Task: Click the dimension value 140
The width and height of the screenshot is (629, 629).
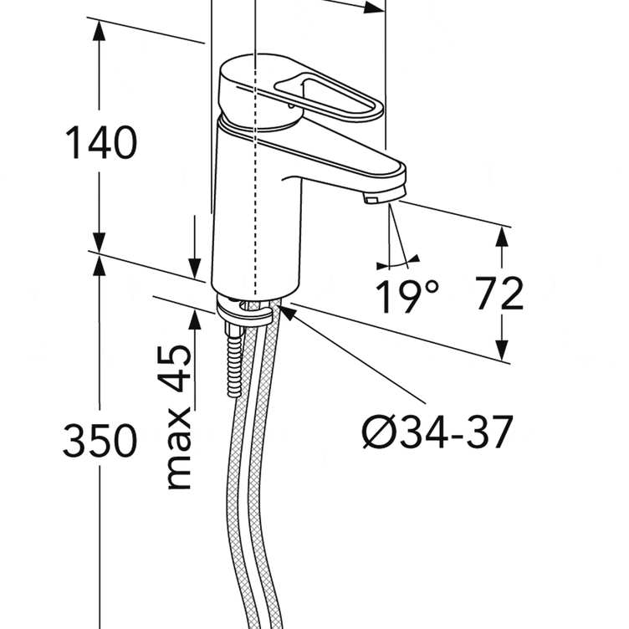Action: [x=101, y=142]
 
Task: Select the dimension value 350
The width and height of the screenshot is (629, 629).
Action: [x=100, y=440]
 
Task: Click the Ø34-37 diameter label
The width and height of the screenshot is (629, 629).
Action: [x=437, y=432]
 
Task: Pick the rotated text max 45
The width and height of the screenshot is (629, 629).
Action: [x=178, y=417]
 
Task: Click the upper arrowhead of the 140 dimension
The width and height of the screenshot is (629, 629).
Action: [x=99, y=30]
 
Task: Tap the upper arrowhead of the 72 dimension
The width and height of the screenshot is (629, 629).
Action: [x=502, y=237]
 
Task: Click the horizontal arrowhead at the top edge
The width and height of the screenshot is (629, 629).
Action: [x=374, y=8]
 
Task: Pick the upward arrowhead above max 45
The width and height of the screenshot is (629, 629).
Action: [x=195, y=320]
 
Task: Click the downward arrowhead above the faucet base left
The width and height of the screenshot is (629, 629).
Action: [x=195, y=268]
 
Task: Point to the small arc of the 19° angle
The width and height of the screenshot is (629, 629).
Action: [x=398, y=263]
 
